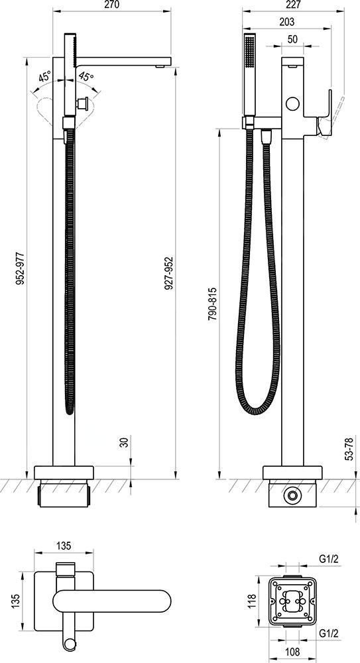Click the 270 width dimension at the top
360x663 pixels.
tap(111, 5)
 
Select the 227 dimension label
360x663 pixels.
tap(293, 5)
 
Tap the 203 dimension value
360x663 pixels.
tap(286, 22)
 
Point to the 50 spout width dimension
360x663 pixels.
tap(293, 38)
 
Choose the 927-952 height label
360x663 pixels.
tap(169, 273)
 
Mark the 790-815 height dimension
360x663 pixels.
tap(212, 304)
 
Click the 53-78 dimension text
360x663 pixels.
tap(349, 449)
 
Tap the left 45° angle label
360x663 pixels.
tap(45, 77)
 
